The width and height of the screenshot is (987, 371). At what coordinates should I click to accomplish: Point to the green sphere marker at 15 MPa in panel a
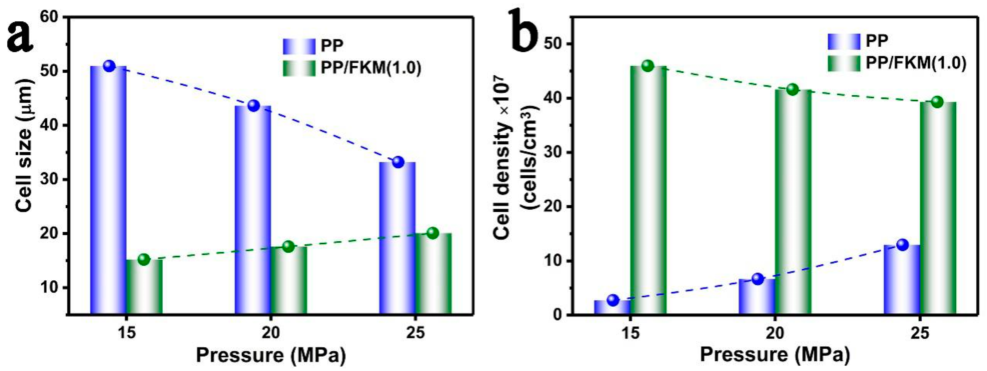pyautogui.click(x=144, y=260)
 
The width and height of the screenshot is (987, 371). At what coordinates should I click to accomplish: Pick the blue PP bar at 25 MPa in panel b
pyautogui.click(x=902, y=280)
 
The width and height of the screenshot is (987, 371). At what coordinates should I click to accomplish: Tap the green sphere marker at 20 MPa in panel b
pyautogui.click(x=792, y=90)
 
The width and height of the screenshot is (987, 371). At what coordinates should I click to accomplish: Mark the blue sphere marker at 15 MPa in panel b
pyautogui.click(x=613, y=300)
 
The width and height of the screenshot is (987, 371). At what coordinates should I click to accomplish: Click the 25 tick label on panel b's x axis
pyautogui.click(x=920, y=332)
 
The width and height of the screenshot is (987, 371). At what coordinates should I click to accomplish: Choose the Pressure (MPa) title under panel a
pyautogui.click(x=271, y=355)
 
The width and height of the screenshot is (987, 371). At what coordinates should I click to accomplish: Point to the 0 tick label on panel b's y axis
pyautogui.click(x=557, y=315)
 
